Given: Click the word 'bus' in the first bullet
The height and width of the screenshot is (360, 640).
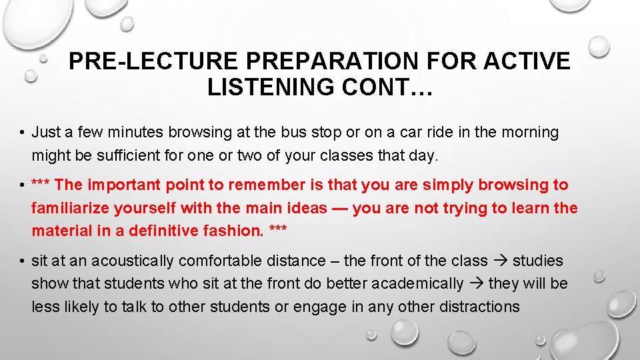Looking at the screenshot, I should pos(321,133).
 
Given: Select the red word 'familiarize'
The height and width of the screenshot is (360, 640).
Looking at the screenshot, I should pos(71,208).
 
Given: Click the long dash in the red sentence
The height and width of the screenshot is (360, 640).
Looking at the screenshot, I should pos(339,208).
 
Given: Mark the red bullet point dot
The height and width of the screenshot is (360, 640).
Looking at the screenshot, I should pos(23,185).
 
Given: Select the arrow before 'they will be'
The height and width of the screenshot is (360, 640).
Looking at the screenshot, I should pos(477,284).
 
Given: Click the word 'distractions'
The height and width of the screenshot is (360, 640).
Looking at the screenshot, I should pos(479,307).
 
